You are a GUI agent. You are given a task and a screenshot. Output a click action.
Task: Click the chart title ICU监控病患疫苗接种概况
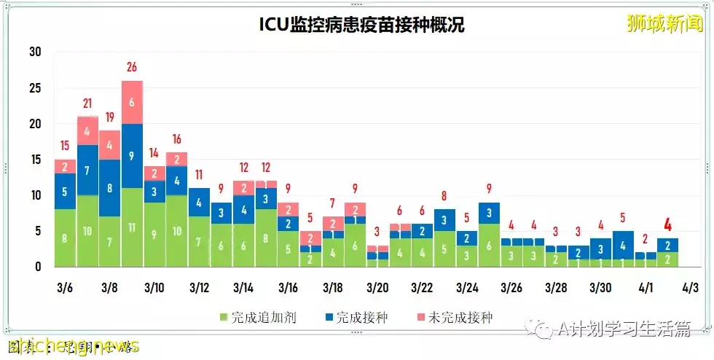tap(362, 25)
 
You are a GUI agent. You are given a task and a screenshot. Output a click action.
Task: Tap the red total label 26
tap(132, 68)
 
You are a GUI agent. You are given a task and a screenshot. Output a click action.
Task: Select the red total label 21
tap(87, 103)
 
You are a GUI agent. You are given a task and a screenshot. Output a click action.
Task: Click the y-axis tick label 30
tap(34, 52)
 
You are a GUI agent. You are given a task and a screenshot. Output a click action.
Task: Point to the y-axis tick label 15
tap(34, 160)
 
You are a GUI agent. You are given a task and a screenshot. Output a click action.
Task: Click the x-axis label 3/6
tap(65, 287)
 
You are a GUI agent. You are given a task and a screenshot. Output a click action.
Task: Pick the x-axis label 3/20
tap(377, 287)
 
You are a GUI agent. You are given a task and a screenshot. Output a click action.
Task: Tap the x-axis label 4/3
tap(690, 287)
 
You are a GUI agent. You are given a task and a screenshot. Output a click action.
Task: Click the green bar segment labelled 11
tap(132, 227)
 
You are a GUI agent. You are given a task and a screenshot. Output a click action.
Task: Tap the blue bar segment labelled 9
tap(132, 155)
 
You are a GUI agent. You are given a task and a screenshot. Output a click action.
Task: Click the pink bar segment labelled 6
tap(132, 102)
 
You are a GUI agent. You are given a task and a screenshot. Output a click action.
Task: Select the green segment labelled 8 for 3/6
tap(65, 238)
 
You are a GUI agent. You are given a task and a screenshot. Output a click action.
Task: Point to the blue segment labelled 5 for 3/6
tap(65, 192)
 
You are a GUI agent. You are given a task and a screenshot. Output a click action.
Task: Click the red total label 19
tap(110, 117)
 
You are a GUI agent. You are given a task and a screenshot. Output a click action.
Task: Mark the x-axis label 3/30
tap(600, 287)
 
